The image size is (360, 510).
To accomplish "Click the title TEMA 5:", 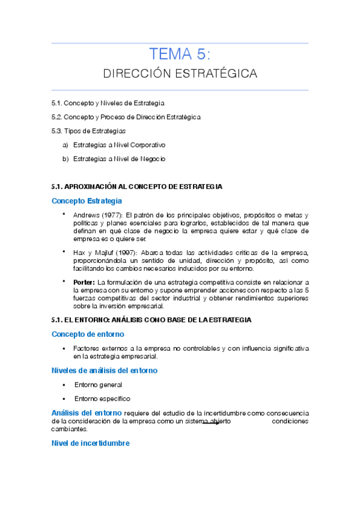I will coord(180,55).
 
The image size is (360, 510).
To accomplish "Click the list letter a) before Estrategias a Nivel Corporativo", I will coord(65,145).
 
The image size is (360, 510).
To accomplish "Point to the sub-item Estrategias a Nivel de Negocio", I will coord(119,159).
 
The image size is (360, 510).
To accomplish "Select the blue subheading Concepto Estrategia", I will coord(87,200).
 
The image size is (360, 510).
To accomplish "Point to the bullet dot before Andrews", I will coord(65,214).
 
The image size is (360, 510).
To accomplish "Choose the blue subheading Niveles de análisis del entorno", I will coord(105,370).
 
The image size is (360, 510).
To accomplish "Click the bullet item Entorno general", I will coord(98,384).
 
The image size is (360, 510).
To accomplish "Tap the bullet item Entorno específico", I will coord(102,399).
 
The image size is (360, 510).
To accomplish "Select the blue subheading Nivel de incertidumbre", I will coord(91,443).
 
